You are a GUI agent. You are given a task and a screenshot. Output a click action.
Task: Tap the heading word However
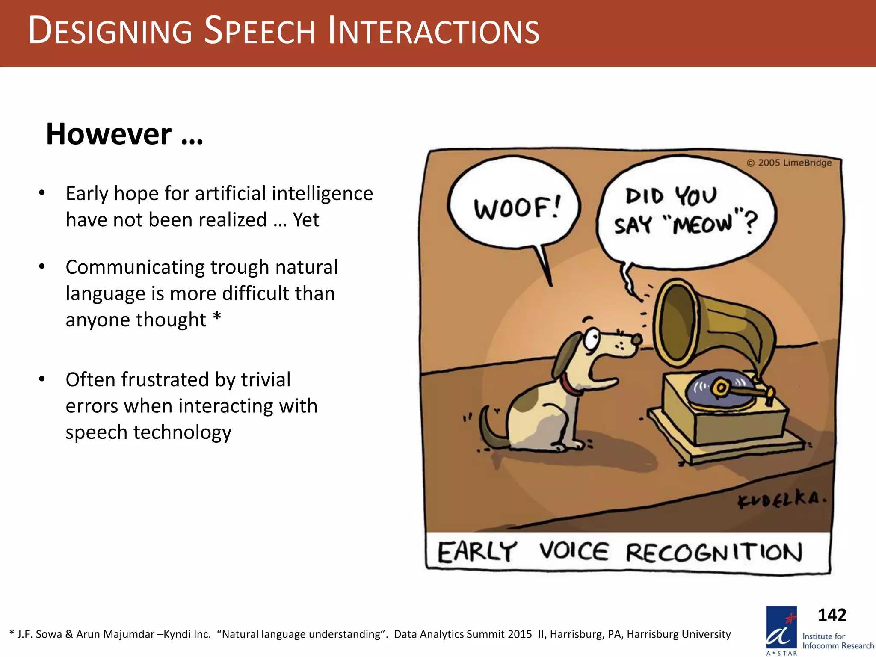coord(109,134)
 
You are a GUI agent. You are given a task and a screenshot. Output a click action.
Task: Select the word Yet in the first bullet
coord(306,220)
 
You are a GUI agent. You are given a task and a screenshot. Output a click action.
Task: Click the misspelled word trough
coord(240,268)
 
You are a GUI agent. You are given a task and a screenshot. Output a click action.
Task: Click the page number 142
coord(832,615)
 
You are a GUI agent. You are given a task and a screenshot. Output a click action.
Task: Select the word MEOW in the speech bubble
coord(701,223)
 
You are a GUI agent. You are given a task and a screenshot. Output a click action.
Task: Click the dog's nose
coord(637,340)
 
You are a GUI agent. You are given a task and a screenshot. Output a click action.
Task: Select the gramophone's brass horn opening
coord(675,323)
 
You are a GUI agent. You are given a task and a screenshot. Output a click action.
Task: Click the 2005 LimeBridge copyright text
coord(789,163)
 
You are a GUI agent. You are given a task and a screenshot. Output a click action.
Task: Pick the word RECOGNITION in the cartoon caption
coord(713,552)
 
